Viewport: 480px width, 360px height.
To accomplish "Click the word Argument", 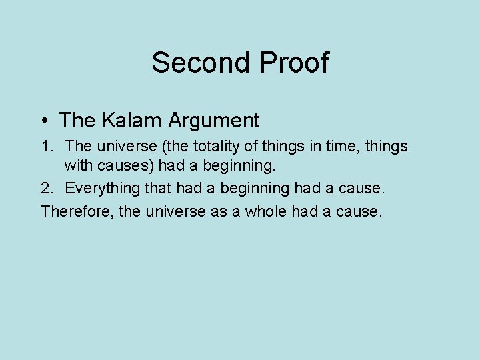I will pyautogui.click(x=214, y=121).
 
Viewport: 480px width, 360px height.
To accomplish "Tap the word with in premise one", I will pyautogui.click(x=76, y=167).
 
